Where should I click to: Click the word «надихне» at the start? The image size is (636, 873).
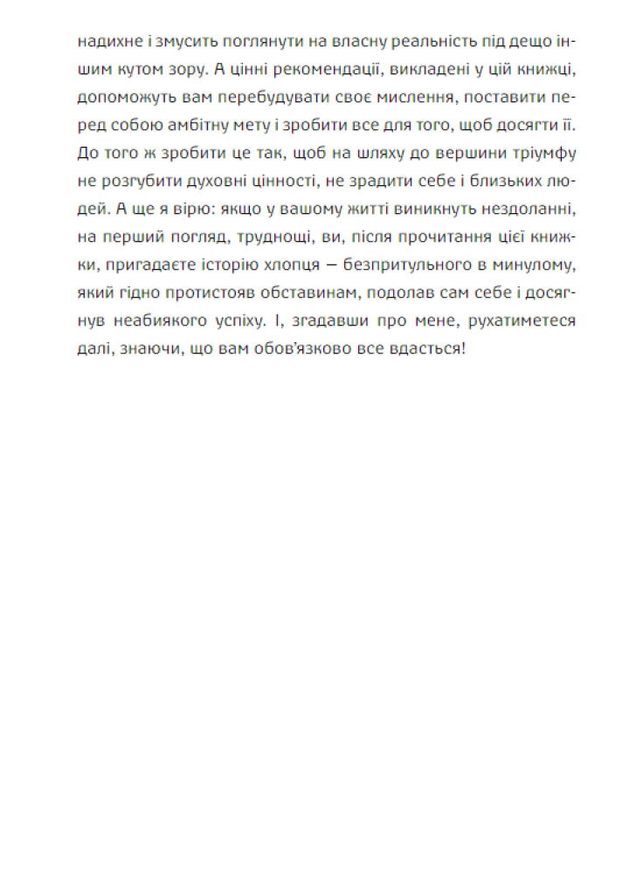(103, 42)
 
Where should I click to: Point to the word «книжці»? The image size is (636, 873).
(549, 70)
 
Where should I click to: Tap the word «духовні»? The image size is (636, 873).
(231, 182)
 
